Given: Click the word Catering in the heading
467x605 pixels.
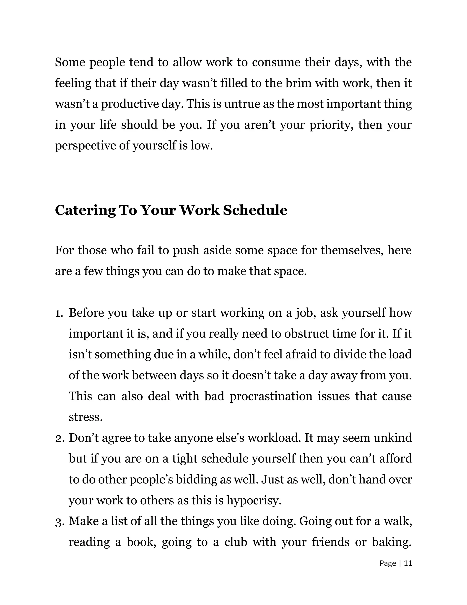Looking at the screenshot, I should tap(85, 210).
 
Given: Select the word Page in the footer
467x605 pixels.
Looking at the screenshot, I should tap(388, 563).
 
